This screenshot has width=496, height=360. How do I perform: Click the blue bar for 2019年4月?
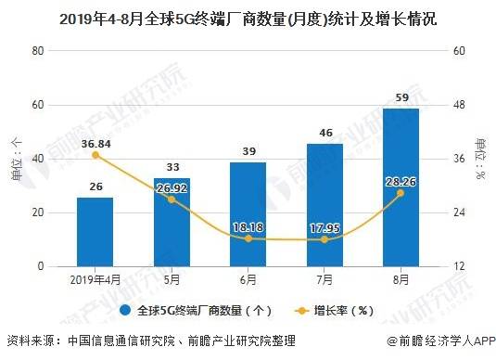point(95,232)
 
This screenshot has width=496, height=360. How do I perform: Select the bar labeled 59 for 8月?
point(401,187)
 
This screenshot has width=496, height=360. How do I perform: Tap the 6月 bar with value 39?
point(248,214)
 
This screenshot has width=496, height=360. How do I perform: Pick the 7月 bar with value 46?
point(324,205)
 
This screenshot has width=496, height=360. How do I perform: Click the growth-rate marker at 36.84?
point(95,155)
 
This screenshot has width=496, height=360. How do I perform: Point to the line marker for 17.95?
point(324,239)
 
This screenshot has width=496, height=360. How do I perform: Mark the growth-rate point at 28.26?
point(401,193)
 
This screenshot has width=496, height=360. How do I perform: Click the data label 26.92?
point(172,188)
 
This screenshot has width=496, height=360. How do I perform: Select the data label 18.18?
point(248,227)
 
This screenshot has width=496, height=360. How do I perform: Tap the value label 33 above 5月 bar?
point(172,167)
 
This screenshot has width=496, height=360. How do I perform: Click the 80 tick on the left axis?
point(38,51)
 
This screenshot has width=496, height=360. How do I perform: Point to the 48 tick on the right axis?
point(459,105)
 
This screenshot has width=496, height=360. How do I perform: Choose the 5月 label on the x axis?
point(172,279)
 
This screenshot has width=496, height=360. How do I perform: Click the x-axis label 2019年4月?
point(95,279)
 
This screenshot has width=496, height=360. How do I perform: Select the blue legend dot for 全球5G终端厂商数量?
point(125,310)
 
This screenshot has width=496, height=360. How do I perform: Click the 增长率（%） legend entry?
point(334,311)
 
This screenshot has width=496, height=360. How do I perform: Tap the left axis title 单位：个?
point(17,159)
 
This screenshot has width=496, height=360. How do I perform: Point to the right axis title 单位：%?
point(480,159)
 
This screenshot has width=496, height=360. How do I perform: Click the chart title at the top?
point(248,19)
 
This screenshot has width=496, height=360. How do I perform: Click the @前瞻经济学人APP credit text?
point(441,341)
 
